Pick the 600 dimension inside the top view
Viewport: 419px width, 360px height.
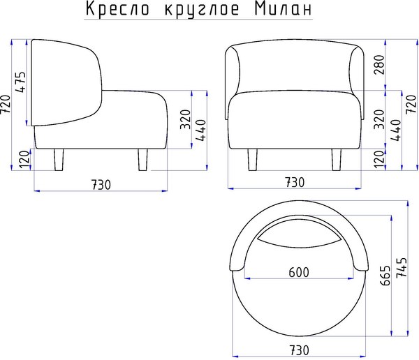click(x=298, y=272)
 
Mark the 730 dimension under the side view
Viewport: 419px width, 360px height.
click(x=101, y=183)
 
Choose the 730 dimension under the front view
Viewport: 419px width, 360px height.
click(x=294, y=182)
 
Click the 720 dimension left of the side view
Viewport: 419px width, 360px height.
click(x=6, y=105)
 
